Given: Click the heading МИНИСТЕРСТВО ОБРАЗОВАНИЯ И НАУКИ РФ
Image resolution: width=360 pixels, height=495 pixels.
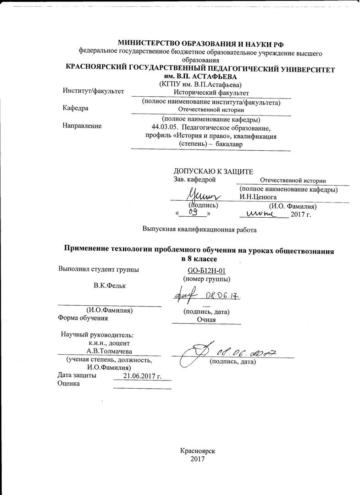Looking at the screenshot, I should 201,44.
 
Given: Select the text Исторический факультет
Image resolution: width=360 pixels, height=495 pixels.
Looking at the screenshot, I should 210,92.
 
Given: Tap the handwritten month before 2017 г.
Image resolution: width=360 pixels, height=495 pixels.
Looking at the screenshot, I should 260,213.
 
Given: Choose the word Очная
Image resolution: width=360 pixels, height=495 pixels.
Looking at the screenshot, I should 206,319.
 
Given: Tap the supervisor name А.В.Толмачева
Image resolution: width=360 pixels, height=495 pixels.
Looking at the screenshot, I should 109,351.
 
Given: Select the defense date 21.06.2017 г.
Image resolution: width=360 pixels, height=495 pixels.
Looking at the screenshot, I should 143,376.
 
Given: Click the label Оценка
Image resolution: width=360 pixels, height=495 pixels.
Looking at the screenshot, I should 69,384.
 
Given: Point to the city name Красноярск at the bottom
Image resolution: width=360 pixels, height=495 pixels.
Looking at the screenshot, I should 198,451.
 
